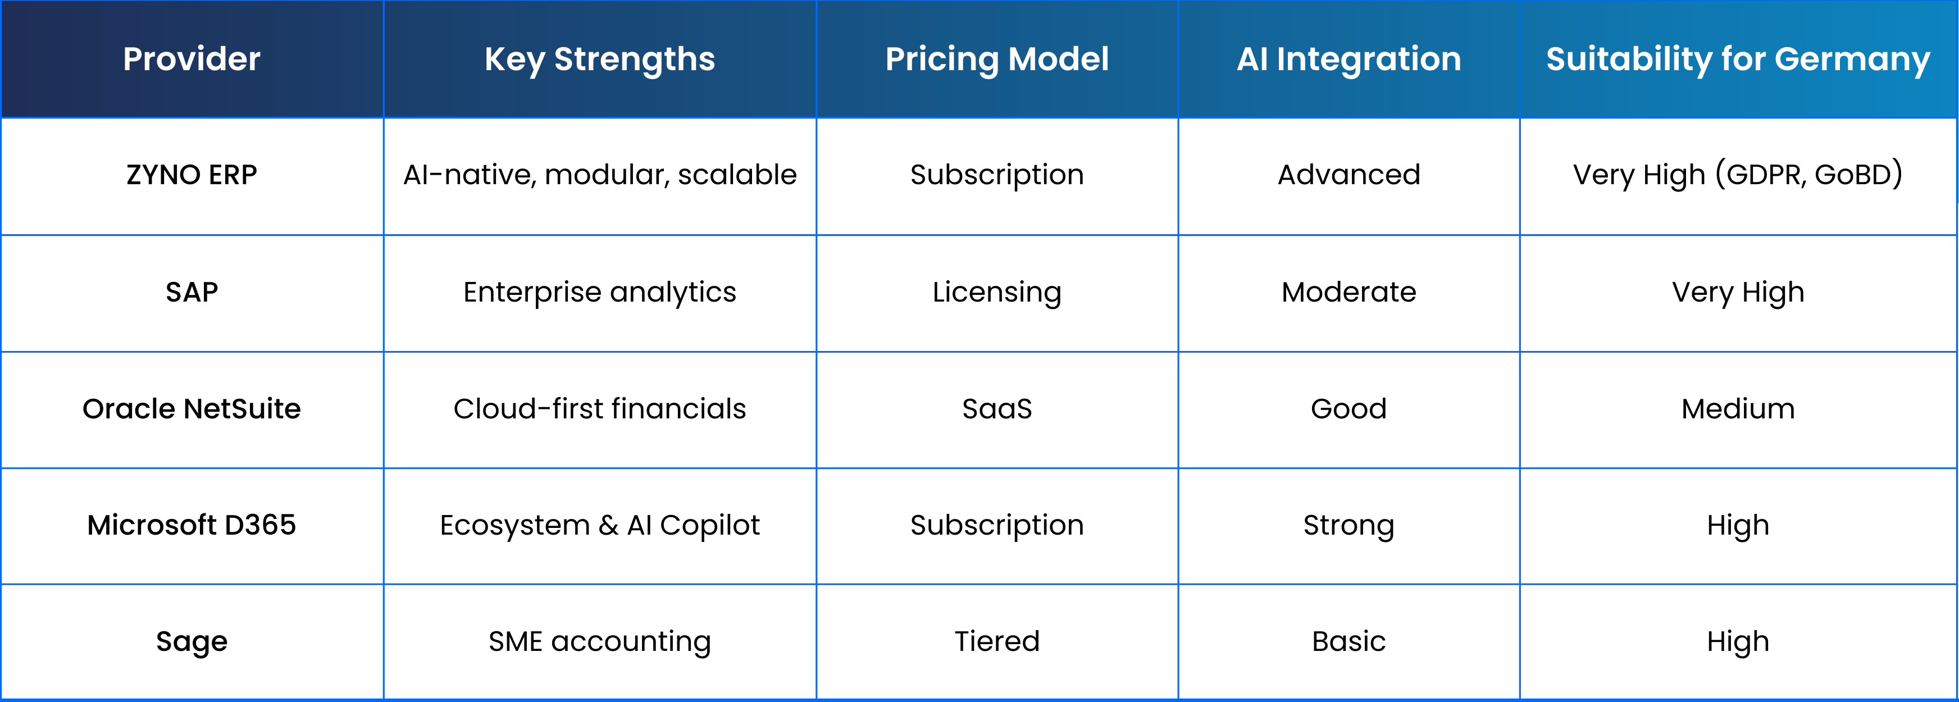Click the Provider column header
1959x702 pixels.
click(x=192, y=58)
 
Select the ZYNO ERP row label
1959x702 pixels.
click(x=192, y=175)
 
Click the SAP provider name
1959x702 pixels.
click(x=192, y=292)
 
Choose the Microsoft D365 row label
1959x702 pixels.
click(x=192, y=525)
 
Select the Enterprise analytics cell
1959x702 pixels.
click(x=600, y=293)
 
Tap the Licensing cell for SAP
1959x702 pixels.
click(x=997, y=293)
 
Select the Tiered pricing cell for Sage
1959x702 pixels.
click(x=997, y=641)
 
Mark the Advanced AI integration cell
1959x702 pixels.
click(x=1349, y=175)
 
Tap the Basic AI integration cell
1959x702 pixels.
click(x=1349, y=641)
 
